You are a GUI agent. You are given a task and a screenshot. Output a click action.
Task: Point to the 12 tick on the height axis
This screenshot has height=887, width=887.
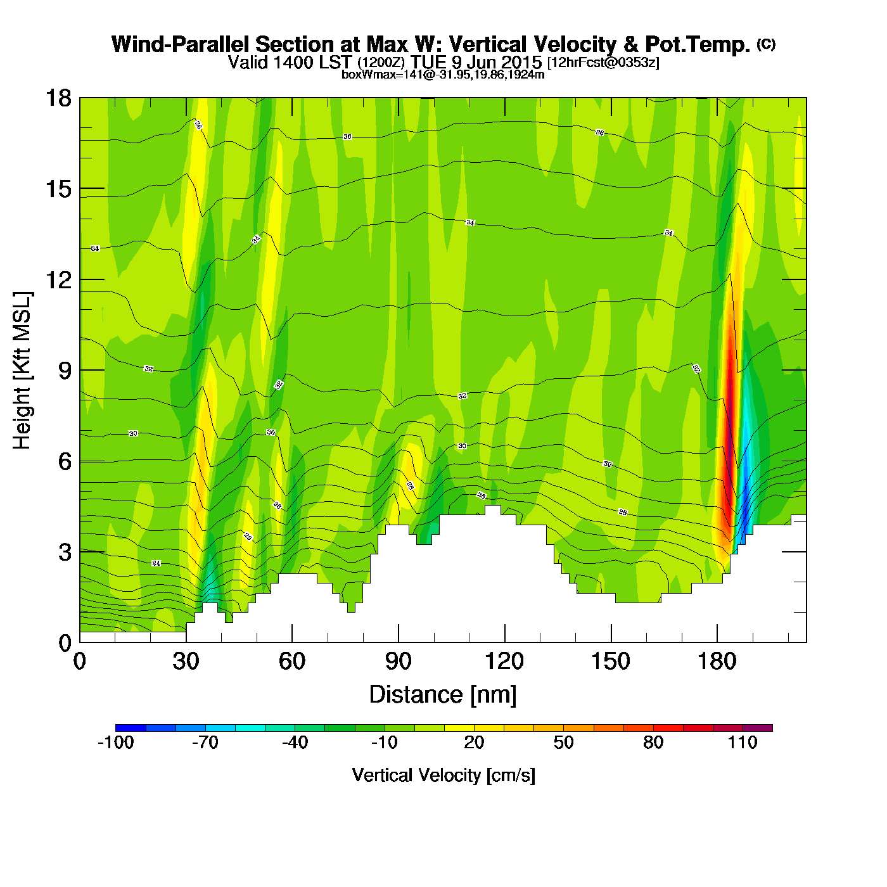click(x=58, y=279)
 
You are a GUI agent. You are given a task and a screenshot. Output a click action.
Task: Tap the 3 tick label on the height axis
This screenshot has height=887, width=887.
click(x=65, y=552)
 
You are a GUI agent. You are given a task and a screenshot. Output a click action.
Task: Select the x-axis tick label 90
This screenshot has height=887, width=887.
click(x=398, y=662)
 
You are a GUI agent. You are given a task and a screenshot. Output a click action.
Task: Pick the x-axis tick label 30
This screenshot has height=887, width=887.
click(x=186, y=662)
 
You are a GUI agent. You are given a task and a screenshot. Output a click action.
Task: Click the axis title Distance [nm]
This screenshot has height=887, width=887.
click(x=443, y=695)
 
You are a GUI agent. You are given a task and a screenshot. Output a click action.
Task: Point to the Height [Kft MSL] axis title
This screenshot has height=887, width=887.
click(x=22, y=371)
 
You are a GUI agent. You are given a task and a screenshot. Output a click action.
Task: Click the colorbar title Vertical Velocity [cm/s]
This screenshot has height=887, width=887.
click(x=443, y=775)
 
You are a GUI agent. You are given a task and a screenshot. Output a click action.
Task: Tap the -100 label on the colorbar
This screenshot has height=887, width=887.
click(x=115, y=743)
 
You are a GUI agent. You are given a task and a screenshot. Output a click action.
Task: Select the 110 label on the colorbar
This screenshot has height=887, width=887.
click(x=743, y=743)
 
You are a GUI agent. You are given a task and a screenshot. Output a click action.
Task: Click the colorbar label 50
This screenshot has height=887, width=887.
click(x=563, y=743)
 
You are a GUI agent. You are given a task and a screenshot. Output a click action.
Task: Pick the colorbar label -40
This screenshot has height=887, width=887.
click(x=295, y=743)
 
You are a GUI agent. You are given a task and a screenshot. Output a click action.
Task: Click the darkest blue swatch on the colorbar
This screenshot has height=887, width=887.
click(x=131, y=728)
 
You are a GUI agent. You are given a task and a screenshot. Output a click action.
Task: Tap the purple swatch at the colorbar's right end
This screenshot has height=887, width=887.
click(x=758, y=728)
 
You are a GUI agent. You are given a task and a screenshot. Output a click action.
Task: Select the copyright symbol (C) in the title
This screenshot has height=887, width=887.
click(x=766, y=44)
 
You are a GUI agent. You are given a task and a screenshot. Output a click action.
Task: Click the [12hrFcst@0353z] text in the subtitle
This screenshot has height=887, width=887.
click(x=603, y=63)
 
